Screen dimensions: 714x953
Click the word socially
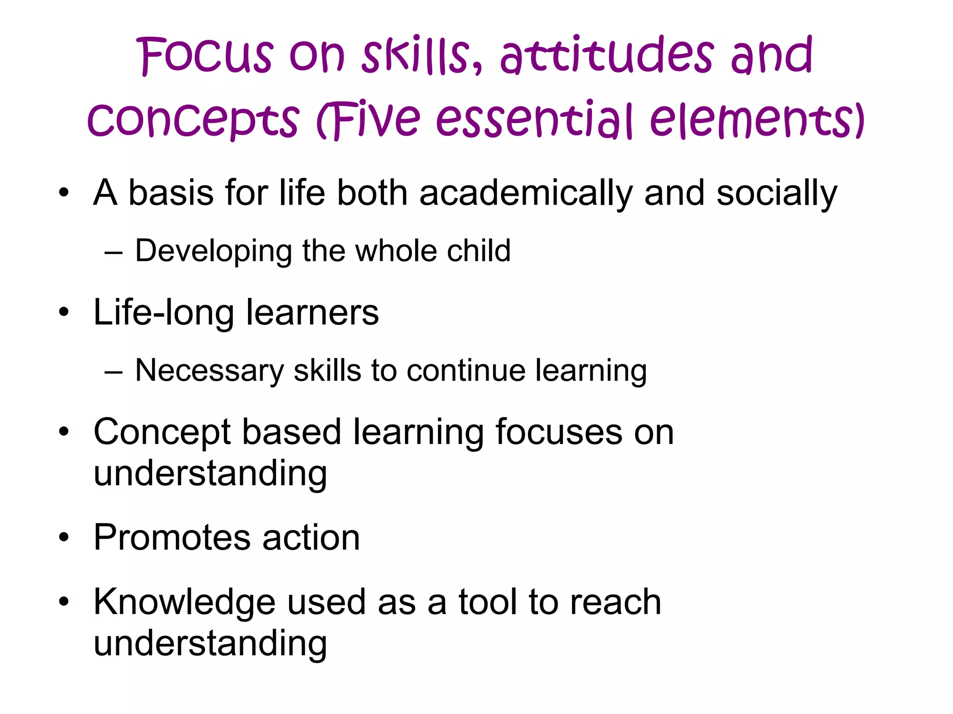click(776, 193)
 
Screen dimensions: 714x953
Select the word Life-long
click(163, 313)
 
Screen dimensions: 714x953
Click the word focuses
click(558, 432)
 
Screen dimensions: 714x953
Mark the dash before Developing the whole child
click(114, 254)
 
